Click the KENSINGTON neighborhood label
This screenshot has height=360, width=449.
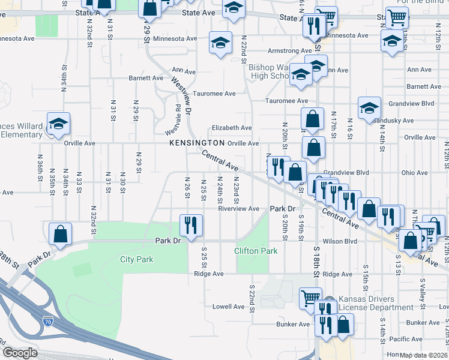(196, 143)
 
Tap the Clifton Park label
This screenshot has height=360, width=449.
(256, 251)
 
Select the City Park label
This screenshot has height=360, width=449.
(136, 260)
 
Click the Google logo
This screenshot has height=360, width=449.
(20, 353)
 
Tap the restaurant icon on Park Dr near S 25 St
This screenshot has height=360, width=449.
(191, 226)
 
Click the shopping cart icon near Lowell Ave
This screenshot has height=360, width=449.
(310, 296)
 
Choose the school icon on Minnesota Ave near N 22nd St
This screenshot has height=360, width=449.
(220, 43)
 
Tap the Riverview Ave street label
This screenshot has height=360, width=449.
(239, 209)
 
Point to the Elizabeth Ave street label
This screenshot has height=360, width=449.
(231, 128)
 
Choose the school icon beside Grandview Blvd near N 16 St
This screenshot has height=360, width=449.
(369, 107)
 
